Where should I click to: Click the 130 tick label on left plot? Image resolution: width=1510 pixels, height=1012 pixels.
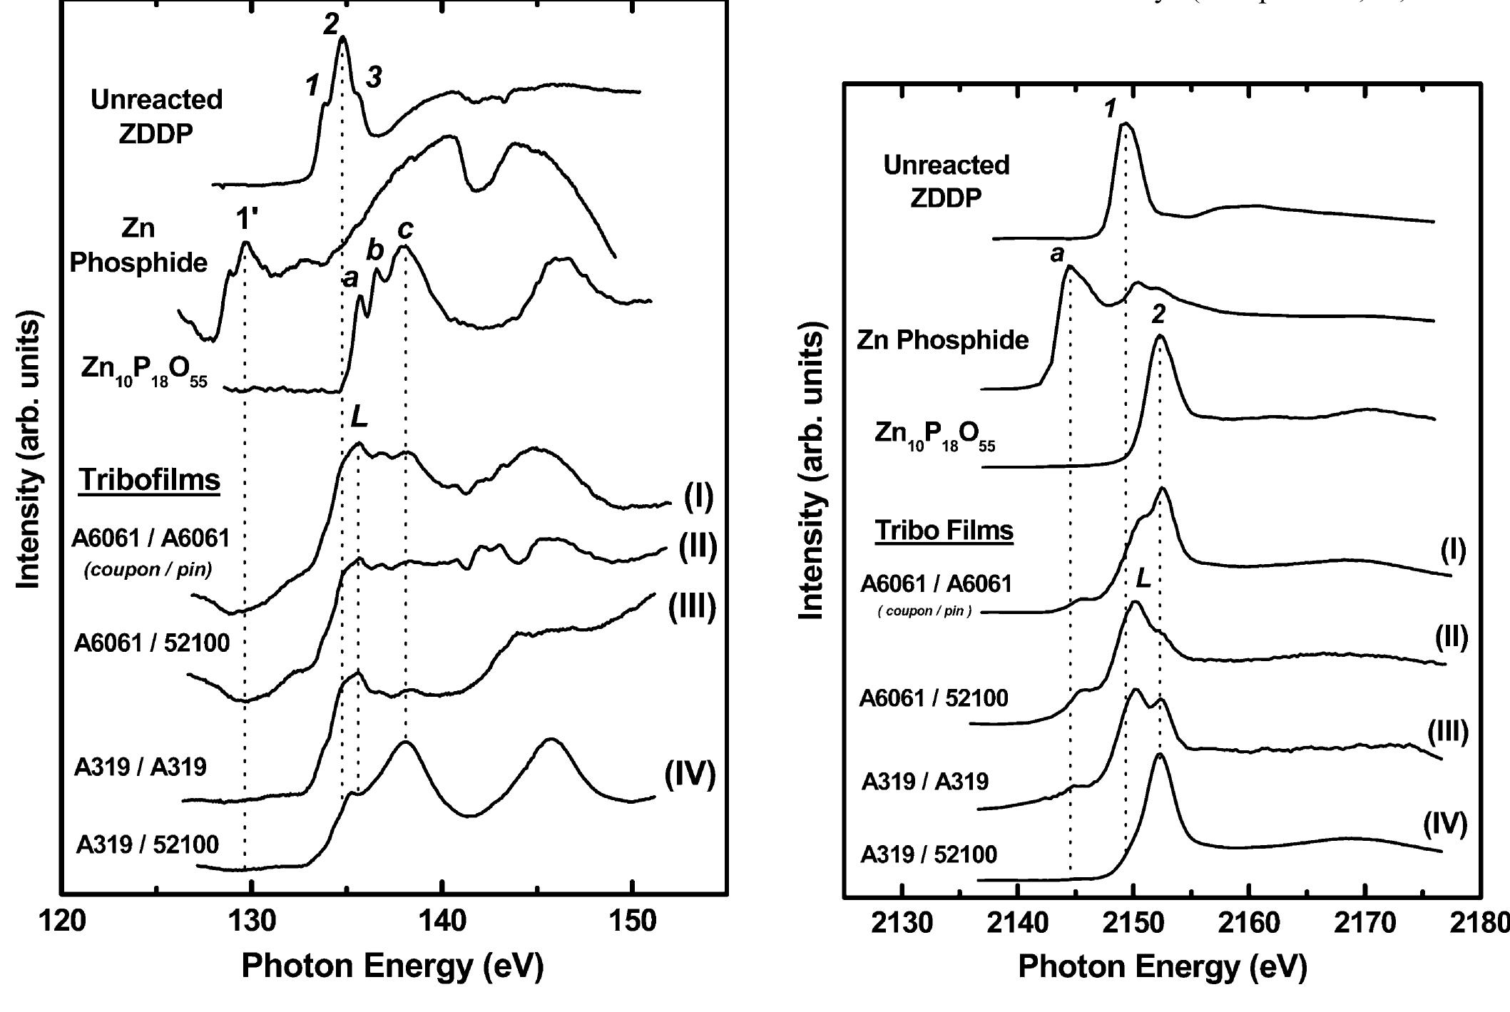[x=251, y=921]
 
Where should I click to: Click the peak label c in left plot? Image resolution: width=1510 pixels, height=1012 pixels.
[x=405, y=229]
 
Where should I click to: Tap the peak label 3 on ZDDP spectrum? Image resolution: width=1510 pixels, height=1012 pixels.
[x=374, y=78]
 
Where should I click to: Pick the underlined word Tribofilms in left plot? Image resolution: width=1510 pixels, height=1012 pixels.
[x=150, y=480]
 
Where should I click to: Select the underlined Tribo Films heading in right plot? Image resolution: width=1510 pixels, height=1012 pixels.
[x=944, y=530]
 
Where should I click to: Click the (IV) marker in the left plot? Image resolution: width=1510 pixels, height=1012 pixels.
[x=689, y=775]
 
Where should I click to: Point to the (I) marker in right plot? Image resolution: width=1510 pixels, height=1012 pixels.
[x=1453, y=550]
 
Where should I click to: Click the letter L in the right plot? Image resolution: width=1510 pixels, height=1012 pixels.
[x=1143, y=578]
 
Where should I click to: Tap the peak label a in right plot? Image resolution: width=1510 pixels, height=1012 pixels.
[x=1057, y=253]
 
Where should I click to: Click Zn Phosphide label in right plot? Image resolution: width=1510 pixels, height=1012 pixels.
[x=942, y=340]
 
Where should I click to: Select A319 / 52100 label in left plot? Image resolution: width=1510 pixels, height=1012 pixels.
[x=148, y=844]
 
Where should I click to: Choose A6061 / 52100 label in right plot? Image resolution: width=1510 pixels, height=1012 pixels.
[x=934, y=697]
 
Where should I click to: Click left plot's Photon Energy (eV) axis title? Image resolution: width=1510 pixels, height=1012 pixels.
[x=392, y=966]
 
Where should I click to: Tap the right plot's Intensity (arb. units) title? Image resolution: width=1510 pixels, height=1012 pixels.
[x=811, y=471]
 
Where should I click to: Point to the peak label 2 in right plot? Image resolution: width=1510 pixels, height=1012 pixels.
[x=1158, y=314]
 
